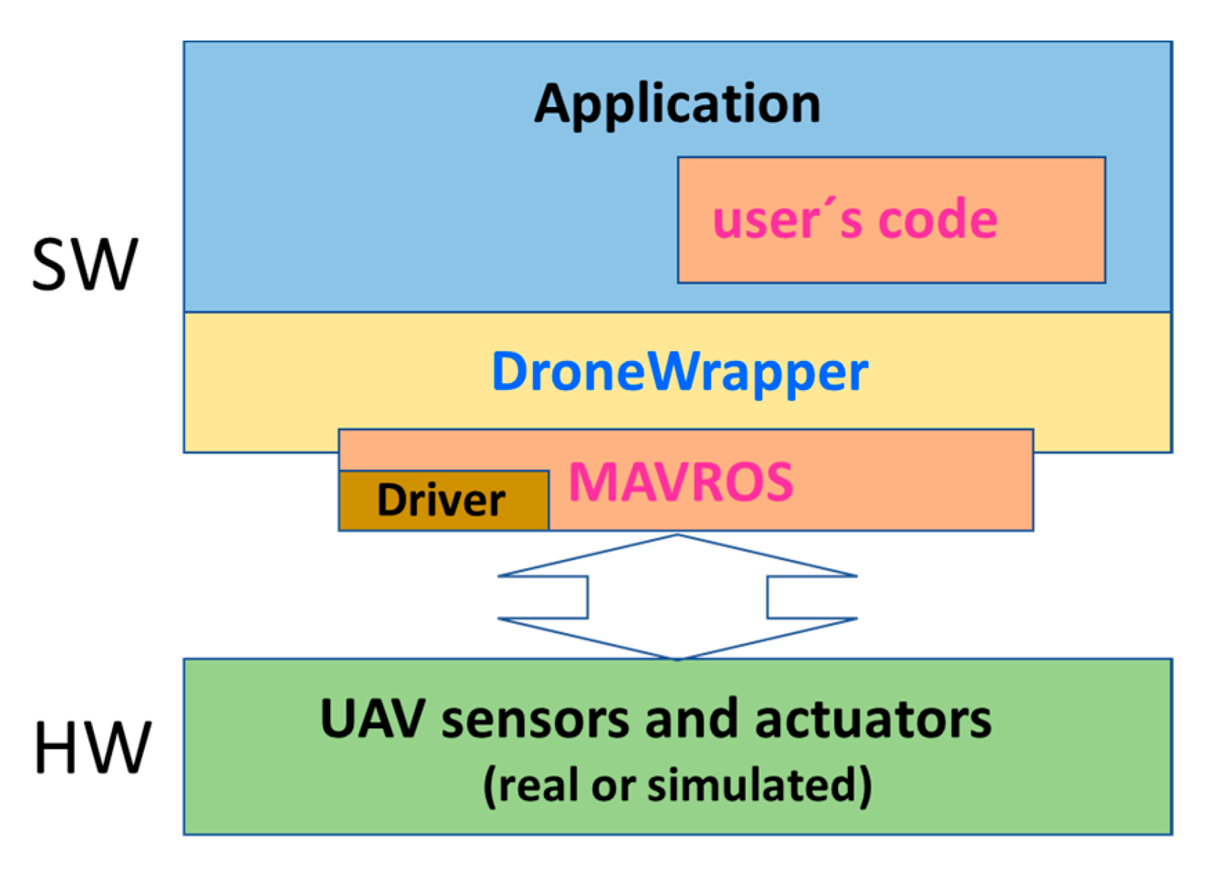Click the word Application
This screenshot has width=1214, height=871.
point(677,104)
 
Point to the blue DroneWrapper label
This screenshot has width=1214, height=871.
point(679,373)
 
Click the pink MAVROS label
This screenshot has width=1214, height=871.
point(681,482)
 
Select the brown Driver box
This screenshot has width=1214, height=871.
point(443,500)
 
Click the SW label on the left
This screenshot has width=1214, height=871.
point(85,264)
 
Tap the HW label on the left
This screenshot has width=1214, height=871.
point(92,747)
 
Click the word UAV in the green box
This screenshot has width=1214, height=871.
point(371,719)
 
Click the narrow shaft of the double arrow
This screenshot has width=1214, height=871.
point(677,597)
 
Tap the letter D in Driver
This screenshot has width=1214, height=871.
point(391,500)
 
